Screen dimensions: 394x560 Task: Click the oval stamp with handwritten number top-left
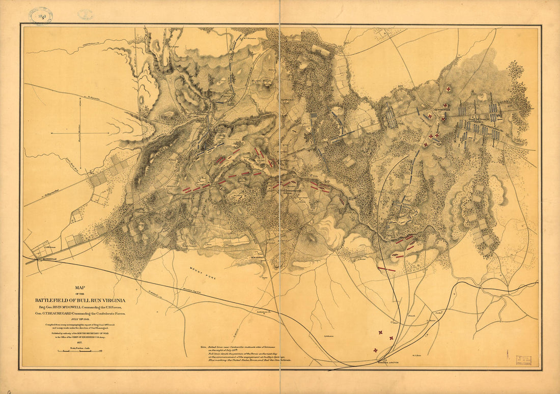(41, 16)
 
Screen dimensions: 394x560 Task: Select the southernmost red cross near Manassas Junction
(376, 350)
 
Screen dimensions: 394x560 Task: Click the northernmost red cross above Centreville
(448, 89)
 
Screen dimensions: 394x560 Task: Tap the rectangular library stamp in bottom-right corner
(523, 361)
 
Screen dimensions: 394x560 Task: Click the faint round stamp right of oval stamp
(85, 14)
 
